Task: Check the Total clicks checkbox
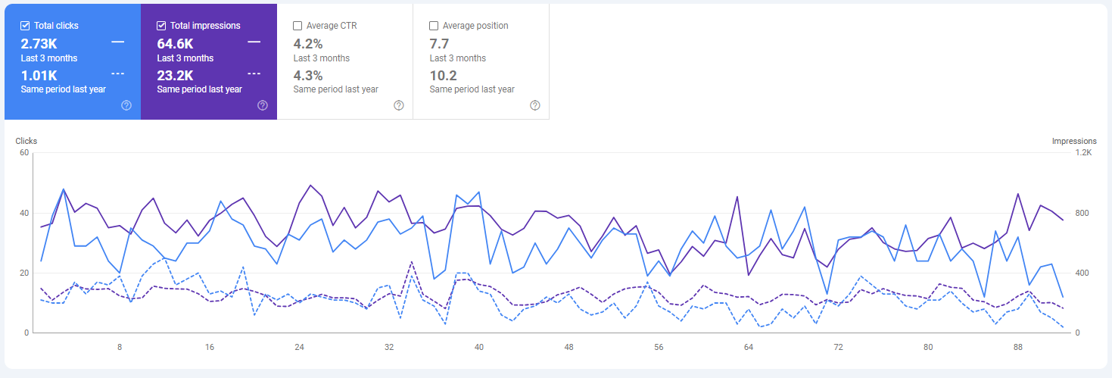click(25, 26)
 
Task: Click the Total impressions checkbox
click(161, 26)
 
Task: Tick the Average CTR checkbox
click(297, 26)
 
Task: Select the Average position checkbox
click(434, 26)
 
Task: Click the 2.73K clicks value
click(39, 43)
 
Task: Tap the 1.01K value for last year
click(39, 75)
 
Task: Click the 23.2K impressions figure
click(176, 75)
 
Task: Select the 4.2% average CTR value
click(308, 43)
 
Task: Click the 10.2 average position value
click(443, 75)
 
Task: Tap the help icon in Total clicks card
click(126, 105)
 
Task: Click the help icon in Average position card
click(535, 105)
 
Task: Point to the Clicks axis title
click(26, 141)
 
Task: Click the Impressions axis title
click(1074, 141)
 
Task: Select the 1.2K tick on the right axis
click(1083, 152)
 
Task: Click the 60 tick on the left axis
click(24, 152)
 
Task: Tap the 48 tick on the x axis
click(568, 347)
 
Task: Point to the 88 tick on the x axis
click(1018, 347)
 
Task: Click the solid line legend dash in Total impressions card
click(254, 42)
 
